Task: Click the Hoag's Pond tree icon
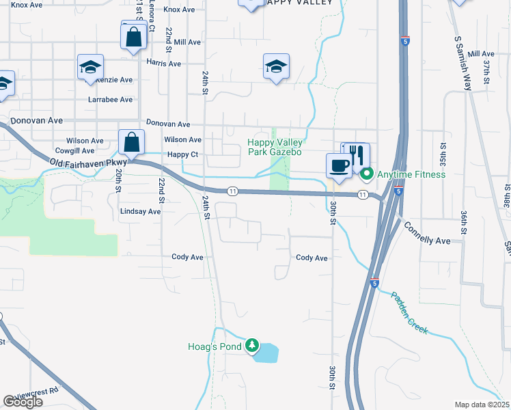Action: (x=253, y=346)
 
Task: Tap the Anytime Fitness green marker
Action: (x=367, y=174)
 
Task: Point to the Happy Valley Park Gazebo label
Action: (x=274, y=147)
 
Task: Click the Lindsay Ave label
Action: (x=140, y=212)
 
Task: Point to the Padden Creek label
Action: (x=410, y=312)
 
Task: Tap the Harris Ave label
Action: (x=163, y=64)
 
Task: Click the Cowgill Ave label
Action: (x=74, y=151)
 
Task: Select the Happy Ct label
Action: (x=182, y=155)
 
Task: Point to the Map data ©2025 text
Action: (x=482, y=405)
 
